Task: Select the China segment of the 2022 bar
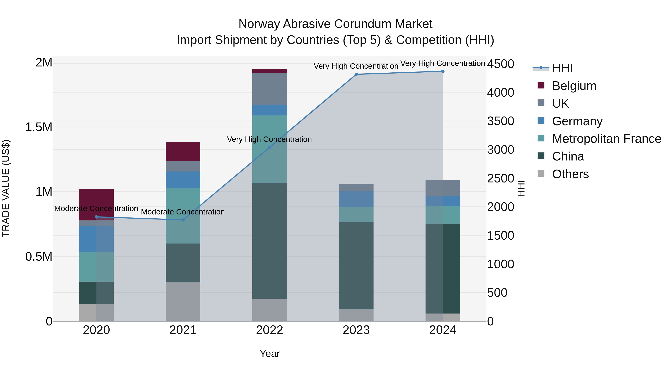coord(270,241)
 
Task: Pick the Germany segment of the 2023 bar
coord(356,199)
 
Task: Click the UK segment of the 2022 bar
coord(270,89)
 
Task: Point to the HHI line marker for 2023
coord(356,74)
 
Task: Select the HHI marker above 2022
coord(270,147)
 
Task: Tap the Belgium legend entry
coord(574,86)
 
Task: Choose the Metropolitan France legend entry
coord(606,139)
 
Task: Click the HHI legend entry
coord(562,68)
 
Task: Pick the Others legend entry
coord(570,174)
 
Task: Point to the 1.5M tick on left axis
coord(39,127)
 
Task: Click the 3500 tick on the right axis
coord(500,121)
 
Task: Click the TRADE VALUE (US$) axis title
coord(6,188)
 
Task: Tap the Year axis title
coord(270,354)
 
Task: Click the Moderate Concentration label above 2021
coord(183,212)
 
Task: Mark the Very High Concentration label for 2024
coord(442,63)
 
